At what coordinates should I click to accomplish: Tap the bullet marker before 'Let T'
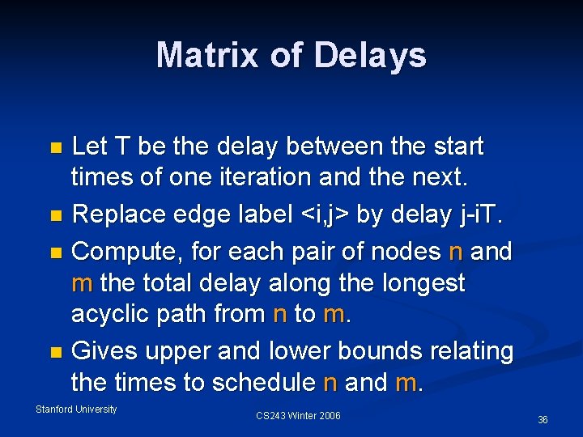[x=55, y=148]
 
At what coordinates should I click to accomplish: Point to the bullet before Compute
[x=55, y=253]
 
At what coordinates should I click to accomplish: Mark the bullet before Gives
[x=55, y=353]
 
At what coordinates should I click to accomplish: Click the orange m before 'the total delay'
[x=82, y=283]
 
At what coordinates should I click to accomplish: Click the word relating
[x=467, y=352]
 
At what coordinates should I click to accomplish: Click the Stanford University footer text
[x=76, y=409]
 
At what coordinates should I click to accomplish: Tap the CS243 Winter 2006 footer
[x=298, y=416]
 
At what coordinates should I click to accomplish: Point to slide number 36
[x=543, y=420]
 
